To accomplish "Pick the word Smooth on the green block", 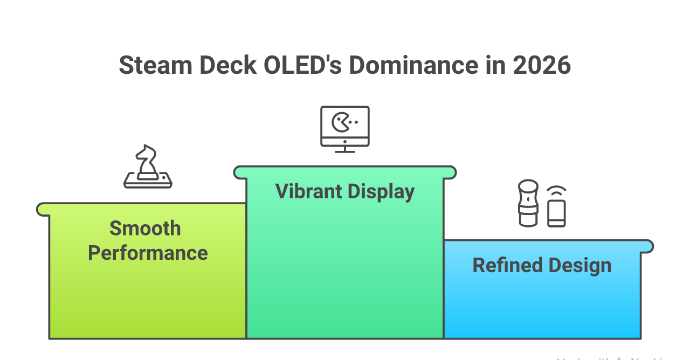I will (x=145, y=229).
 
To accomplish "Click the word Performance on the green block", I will (x=148, y=253).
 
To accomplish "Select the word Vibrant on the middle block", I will (x=308, y=191).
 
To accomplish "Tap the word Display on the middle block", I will (x=381, y=192).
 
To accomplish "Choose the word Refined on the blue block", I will (x=507, y=265).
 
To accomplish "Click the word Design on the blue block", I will (x=580, y=265).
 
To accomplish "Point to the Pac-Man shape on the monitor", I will (x=340, y=122).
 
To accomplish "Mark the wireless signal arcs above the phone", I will (x=557, y=191).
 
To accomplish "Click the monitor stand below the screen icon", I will (x=345, y=149).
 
